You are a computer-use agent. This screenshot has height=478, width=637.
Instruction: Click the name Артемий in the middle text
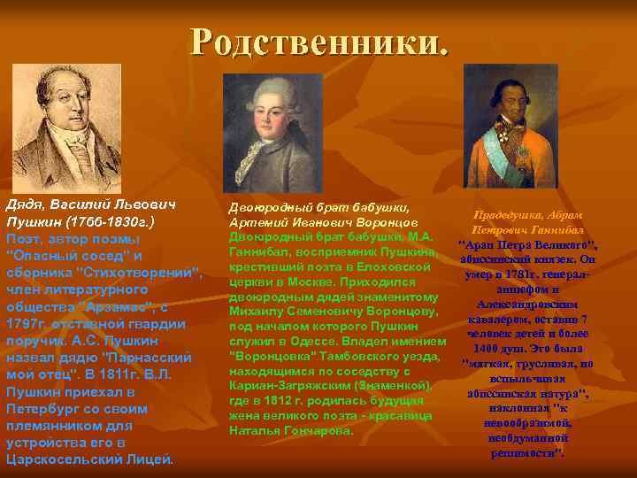[x=258, y=222]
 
